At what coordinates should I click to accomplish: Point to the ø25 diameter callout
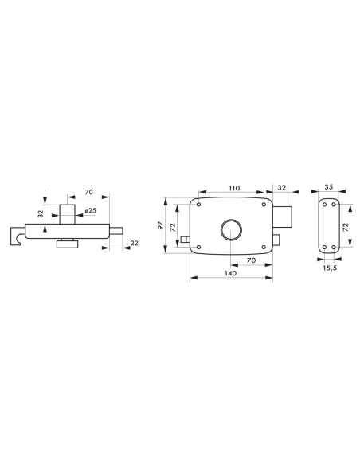(x=92, y=210)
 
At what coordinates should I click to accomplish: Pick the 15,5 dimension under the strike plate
(x=327, y=267)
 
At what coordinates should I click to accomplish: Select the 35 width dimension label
(x=328, y=188)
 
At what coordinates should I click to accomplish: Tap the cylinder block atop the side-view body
(x=68, y=213)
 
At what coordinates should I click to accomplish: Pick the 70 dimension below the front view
(x=251, y=260)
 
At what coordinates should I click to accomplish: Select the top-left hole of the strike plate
(x=323, y=205)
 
